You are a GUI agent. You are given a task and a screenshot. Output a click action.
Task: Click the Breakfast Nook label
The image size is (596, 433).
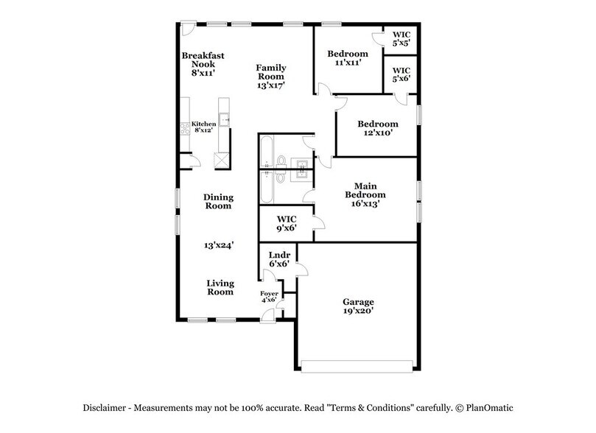pyautogui.click(x=203, y=64)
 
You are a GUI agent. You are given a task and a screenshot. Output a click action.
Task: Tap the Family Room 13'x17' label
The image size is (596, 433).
pyautogui.click(x=271, y=77)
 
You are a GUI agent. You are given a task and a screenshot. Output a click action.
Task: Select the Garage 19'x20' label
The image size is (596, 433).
pyautogui.click(x=358, y=307)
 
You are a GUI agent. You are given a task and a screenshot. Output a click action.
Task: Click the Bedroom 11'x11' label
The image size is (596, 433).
pyautogui.click(x=348, y=59)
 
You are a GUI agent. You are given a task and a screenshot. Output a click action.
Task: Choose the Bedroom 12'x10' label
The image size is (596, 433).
pyautogui.click(x=377, y=129)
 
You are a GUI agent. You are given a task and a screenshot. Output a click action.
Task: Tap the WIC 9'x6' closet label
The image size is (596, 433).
pyautogui.click(x=286, y=224)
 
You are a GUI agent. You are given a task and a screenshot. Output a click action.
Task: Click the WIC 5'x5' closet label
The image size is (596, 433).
pyautogui.click(x=401, y=39)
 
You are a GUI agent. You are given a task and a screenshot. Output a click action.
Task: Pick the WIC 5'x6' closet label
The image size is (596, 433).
pyautogui.click(x=401, y=75)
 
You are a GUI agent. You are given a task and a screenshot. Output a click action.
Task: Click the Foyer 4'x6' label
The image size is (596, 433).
pyautogui.click(x=269, y=297)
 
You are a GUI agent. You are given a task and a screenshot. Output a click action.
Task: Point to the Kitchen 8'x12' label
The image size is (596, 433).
pyautogui.click(x=204, y=127)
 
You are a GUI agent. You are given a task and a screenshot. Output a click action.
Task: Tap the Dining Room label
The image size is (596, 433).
pyautogui.click(x=219, y=201)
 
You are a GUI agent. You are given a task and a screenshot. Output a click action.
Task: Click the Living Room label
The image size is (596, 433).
pyautogui.click(x=220, y=287)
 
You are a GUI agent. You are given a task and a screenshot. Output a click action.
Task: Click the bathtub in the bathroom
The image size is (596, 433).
pyautogui.click(x=266, y=170)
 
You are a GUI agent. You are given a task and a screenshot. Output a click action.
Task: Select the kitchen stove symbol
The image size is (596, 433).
pyautogui.click(x=184, y=129)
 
